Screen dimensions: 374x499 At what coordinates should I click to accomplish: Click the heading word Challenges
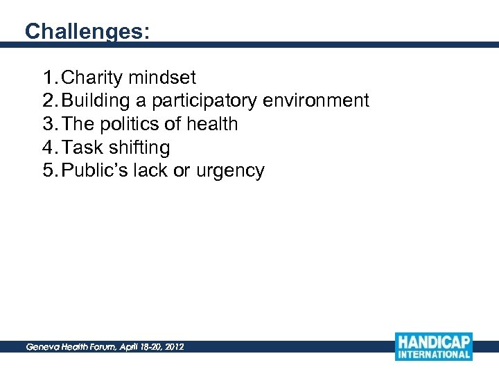tap(87, 32)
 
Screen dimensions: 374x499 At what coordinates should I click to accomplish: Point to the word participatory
tap(204, 101)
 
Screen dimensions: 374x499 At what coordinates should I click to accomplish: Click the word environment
tap(316, 101)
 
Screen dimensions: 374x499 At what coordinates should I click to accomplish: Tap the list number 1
tap(48, 78)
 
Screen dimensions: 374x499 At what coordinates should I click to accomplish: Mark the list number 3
tap(48, 125)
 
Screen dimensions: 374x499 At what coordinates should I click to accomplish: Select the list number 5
tap(48, 171)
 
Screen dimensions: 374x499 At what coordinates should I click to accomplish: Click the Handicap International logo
tap(434, 346)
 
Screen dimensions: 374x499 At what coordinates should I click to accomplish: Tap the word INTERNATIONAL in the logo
tap(434, 355)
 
